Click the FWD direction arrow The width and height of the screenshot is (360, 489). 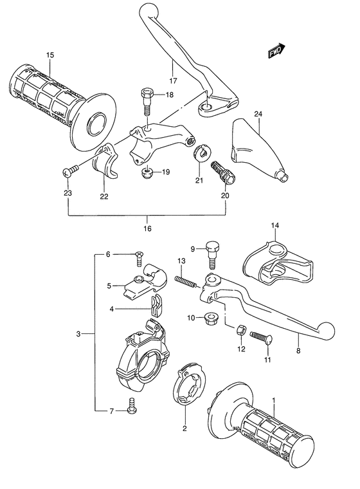[276, 51]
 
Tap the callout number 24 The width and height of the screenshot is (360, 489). [258, 115]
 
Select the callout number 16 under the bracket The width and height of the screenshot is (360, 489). [147, 228]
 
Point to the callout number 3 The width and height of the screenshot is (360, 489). [78, 334]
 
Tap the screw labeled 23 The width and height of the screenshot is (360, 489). [69, 171]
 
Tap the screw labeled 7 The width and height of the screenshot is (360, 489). [133, 407]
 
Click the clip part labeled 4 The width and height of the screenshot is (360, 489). [154, 306]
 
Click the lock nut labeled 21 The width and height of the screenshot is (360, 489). [201, 152]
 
